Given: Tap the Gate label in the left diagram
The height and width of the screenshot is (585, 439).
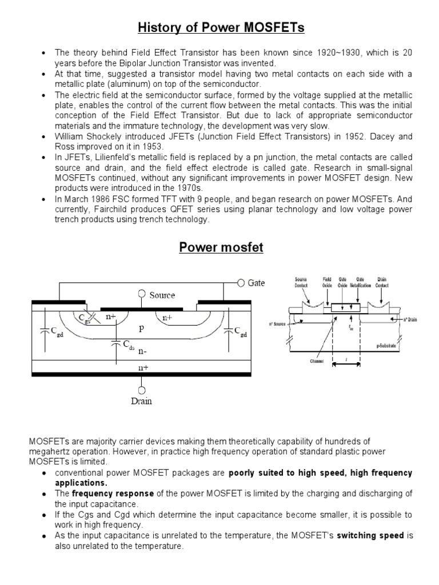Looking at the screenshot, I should [256, 283].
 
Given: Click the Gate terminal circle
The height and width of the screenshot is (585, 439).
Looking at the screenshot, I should [241, 282].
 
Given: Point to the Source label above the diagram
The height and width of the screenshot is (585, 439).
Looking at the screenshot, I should [162, 295].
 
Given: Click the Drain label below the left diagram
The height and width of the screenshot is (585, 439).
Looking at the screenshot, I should [141, 401].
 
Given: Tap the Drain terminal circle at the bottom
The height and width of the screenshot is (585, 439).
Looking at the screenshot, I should [141, 390].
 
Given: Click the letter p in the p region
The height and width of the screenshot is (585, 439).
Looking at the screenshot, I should [141, 330].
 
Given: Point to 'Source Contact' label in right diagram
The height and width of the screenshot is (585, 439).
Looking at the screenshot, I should [301, 282].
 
